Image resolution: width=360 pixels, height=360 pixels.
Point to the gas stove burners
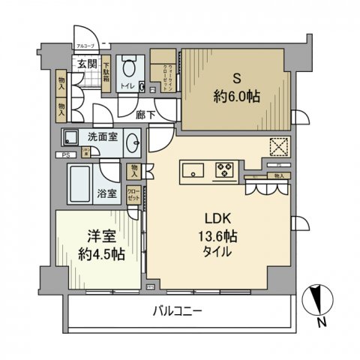[x=224, y=170]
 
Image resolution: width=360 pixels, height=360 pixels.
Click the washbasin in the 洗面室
[x=133, y=140]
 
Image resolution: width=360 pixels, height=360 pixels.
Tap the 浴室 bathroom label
[x=106, y=193]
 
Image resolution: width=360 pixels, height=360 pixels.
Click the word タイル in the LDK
[x=217, y=252]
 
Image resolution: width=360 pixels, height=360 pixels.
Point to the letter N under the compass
[x=321, y=324]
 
